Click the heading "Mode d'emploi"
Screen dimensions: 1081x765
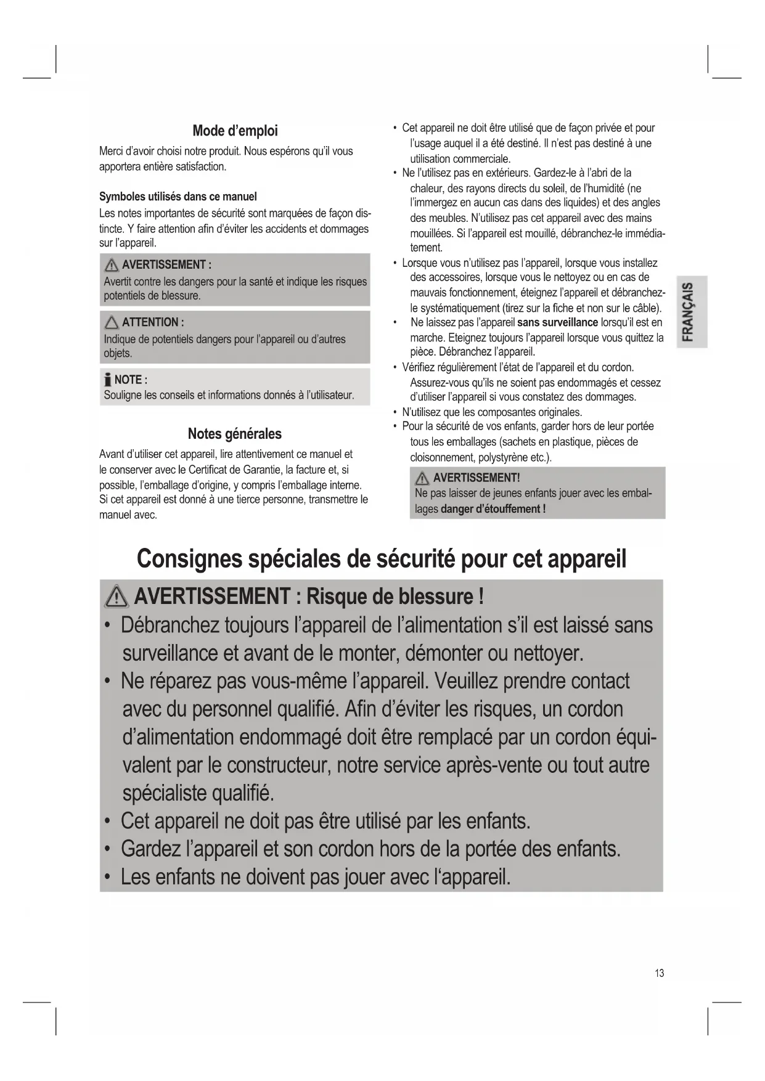click(x=235, y=131)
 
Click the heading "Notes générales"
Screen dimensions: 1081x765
click(x=234, y=434)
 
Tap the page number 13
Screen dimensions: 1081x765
click(x=659, y=974)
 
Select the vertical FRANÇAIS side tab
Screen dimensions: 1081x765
click(x=690, y=312)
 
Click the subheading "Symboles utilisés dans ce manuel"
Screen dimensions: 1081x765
click(x=178, y=197)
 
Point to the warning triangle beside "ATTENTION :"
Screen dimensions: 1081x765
click(x=112, y=322)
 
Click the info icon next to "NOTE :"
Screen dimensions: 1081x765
click(x=108, y=380)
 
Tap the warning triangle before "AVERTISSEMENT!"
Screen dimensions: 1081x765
click(x=422, y=478)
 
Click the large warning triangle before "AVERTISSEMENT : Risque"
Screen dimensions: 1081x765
click(x=117, y=597)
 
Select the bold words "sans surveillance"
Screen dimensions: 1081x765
click(x=557, y=322)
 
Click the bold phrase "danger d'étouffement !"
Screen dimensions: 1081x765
click(x=493, y=509)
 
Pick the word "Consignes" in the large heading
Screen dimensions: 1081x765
click(x=189, y=558)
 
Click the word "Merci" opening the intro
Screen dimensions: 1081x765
click(x=112, y=151)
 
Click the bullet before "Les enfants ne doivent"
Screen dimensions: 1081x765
click(x=108, y=876)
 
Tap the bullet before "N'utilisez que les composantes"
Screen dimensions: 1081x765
click(x=395, y=412)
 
